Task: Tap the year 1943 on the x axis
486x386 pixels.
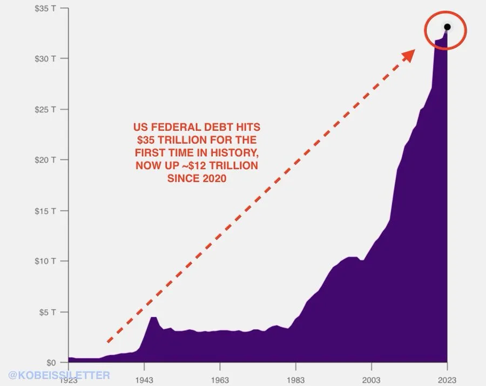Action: (x=144, y=380)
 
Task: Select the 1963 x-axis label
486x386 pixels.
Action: (x=220, y=380)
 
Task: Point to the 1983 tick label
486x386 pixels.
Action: (x=295, y=380)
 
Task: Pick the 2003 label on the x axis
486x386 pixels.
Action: (x=371, y=380)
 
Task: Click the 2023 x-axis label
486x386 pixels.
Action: (x=447, y=380)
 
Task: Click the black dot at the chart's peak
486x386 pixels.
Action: (x=447, y=27)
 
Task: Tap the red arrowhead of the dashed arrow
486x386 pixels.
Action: (x=410, y=53)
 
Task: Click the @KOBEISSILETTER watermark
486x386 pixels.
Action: (x=59, y=374)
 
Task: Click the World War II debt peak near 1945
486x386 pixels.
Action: (x=153, y=317)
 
